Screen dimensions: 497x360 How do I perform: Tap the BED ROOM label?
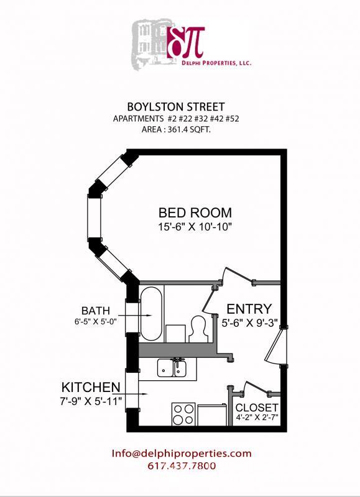195,212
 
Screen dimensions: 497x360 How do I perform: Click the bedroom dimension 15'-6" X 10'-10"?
195,227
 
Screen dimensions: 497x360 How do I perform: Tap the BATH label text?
95,310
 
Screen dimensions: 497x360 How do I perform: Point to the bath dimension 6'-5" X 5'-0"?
95,322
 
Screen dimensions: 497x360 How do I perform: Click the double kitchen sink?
172,368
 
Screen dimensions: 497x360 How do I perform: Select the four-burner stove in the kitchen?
183,414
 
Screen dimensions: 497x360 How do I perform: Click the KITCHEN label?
90,387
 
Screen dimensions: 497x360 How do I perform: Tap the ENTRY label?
249,309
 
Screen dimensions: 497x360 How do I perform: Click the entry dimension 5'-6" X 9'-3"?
249,323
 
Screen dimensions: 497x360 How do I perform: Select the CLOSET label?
257,408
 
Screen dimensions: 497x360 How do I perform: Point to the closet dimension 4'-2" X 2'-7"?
257,418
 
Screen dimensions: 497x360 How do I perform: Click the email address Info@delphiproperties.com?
182,453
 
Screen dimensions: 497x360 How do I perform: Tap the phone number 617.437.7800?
182,465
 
